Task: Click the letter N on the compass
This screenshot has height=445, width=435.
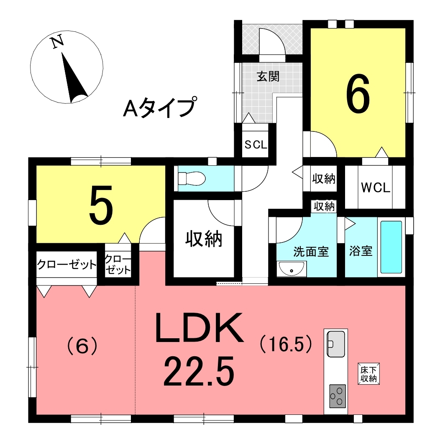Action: (x=57, y=42)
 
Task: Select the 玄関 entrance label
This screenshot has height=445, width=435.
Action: (x=268, y=77)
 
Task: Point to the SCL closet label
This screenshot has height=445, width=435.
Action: (x=256, y=145)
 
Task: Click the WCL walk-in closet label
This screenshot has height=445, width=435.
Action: (x=376, y=188)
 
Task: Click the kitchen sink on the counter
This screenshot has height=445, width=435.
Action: (x=336, y=344)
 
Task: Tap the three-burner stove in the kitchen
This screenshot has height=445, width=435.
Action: (x=338, y=396)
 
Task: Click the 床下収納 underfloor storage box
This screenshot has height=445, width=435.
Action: (x=368, y=373)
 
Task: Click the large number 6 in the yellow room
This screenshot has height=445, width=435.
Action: (x=358, y=93)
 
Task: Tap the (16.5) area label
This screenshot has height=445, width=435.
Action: (x=286, y=345)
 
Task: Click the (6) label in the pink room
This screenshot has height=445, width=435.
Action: (x=82, y=346)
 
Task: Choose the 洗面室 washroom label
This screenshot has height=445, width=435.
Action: (x=311, y=252)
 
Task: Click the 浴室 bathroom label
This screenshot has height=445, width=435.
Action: (x=361, y=251)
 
